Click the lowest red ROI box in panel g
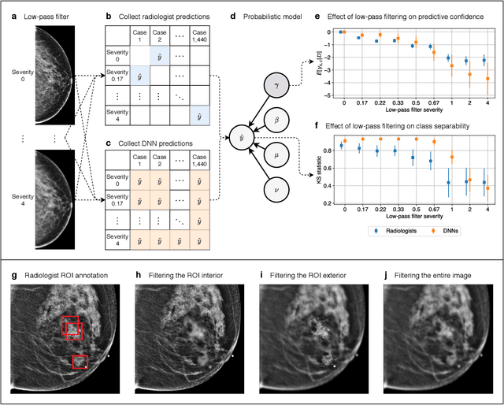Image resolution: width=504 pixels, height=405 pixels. click(x=80, y=362)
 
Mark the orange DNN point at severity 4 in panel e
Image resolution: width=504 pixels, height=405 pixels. click(x=487, y=79)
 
